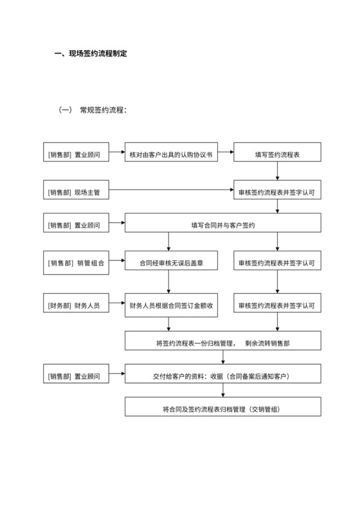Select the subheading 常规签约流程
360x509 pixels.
(103, 110)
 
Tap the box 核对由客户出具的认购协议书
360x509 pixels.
(170, 155)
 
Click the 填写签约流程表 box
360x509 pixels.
(276, 155)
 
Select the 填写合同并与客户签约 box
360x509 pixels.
(223, 226)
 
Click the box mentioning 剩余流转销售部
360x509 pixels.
(223, 342)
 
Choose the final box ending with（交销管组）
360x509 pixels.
(223, 409)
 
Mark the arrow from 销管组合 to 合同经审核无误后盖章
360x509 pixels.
(116, 263)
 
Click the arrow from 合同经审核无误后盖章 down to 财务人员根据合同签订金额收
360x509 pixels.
(169, 284)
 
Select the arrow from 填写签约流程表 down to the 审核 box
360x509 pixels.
(276, 173)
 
